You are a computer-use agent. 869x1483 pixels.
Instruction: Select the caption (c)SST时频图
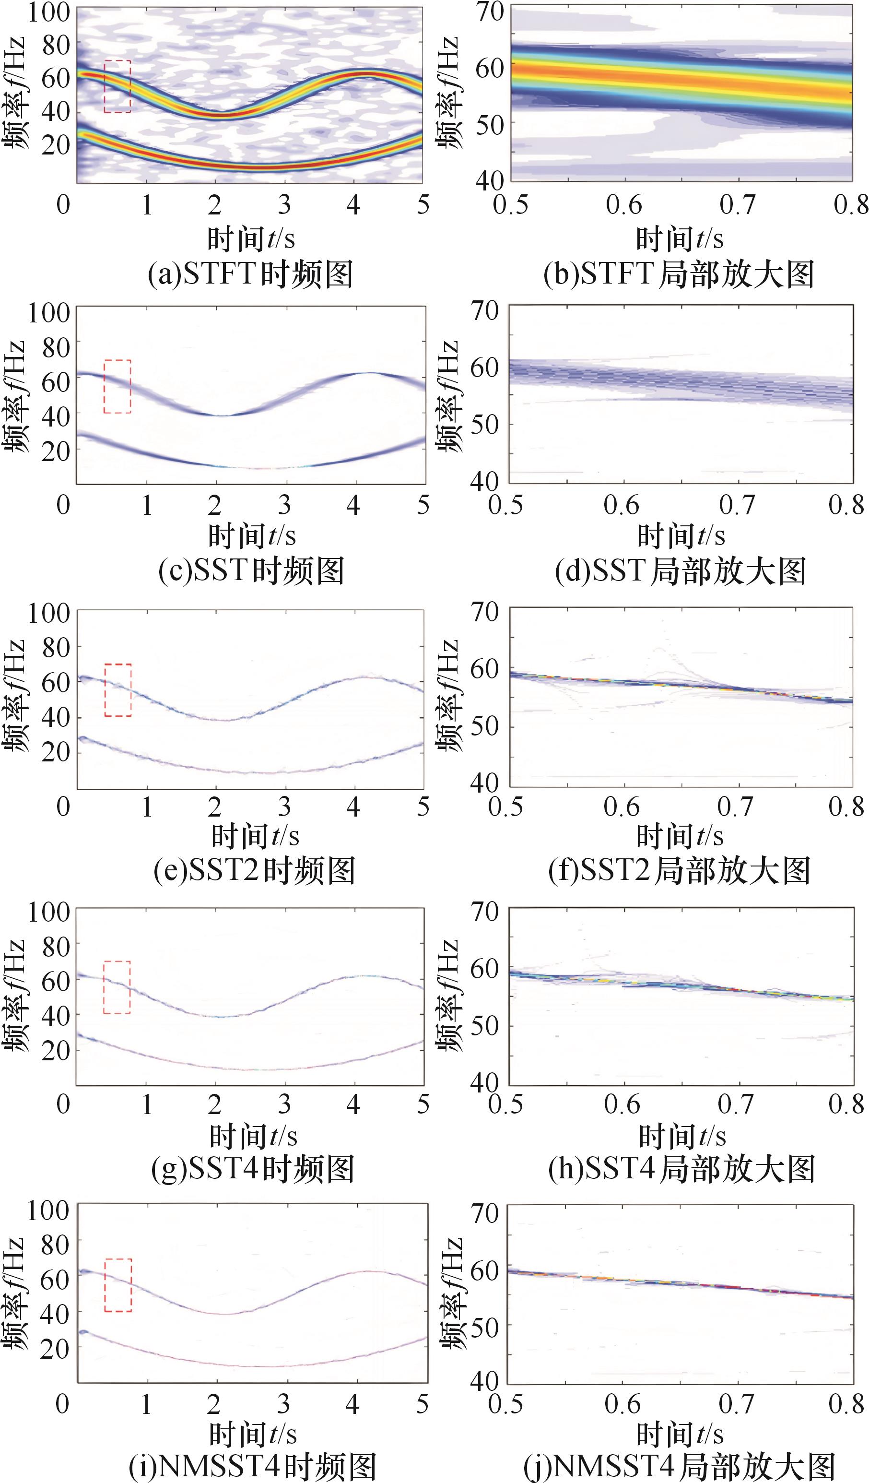pos(251,571)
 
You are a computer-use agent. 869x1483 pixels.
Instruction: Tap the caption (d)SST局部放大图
pos(680,571)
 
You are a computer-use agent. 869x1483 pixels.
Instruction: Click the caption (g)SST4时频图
pos(253,1169)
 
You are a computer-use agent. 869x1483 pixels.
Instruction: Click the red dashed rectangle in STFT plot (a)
pos(117,86)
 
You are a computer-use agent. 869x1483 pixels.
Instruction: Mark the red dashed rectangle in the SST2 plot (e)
pos(117,690)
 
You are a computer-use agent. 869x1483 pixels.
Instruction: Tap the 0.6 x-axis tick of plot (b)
pos(624,205)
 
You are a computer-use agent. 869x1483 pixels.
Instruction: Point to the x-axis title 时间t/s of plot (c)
pos(252,536)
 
